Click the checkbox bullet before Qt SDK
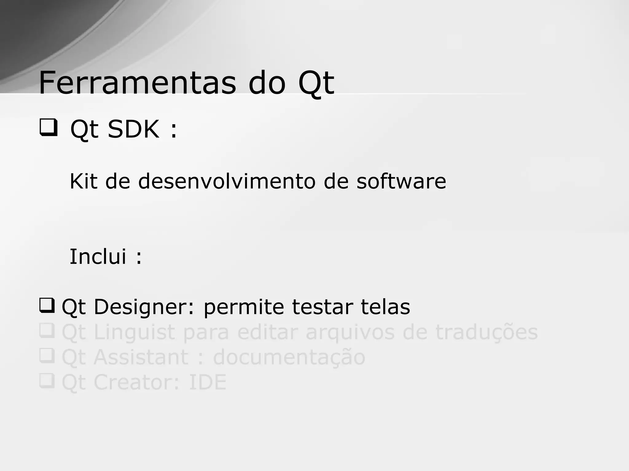tap(48, 128)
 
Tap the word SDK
tap(134, 129)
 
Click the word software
tap(401, 181)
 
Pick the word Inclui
tap(98, 256)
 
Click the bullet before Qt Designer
tap(47, 306)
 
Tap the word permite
tap(244, 307)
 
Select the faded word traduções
tap(486, 333)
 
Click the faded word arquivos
tap(350, 333)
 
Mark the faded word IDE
tap(208, 383)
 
